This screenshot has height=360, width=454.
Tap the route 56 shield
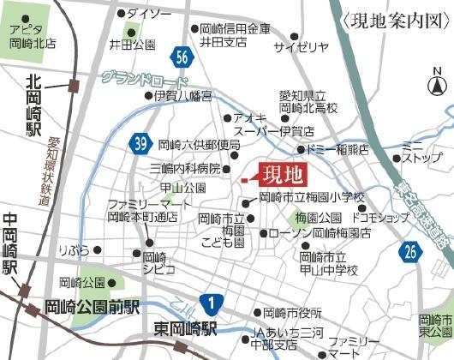(181, 57)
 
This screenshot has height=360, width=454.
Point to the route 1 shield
(210, 303)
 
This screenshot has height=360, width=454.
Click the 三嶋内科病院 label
(185, 167)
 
